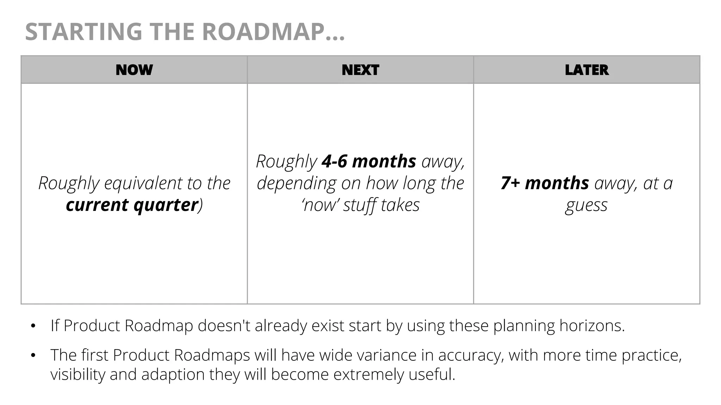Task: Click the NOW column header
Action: coord(134,70)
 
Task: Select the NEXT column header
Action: coord(360,70)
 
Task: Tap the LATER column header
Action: coord(587,70)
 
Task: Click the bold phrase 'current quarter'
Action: coord(132,205)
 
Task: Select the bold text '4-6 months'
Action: coord(369,161)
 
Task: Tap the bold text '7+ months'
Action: coord(545,183)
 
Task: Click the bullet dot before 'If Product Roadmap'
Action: coord(33,326)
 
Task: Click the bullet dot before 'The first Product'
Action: coord(33,356)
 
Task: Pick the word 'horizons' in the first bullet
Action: coord(591,326)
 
